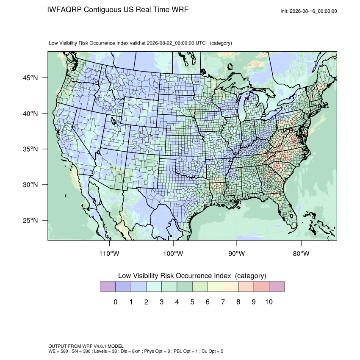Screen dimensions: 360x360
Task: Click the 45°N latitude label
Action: [x=30, y=78]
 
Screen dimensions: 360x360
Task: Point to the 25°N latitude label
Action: [x=30, y=220]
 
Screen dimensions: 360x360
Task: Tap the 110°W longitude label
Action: [x=109, y=253]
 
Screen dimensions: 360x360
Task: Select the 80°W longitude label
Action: [x=301, y=253]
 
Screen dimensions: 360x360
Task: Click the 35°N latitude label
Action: [x=30, y=149]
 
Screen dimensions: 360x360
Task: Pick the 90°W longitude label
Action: [x=236, y=253]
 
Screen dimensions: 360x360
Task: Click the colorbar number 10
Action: [x=269, y=302]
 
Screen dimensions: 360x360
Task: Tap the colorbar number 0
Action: [x=116, y=302]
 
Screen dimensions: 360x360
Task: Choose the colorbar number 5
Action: [x=192, y=302]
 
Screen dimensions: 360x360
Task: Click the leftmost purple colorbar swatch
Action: [x=108, y=287]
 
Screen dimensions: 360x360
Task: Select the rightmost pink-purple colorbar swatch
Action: [x=277, y=287]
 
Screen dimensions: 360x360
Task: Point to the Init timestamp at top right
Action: [x=309, y=11]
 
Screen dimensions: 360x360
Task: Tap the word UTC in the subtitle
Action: [x=200, y=43]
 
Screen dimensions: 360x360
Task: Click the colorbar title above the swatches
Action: [x=192, y=276]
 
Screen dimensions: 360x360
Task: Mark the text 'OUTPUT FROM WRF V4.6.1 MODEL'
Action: [x=86, y=346]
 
